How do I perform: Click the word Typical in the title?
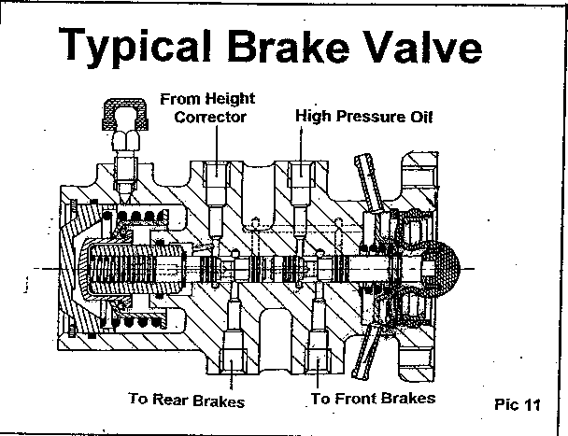tap(135, 47)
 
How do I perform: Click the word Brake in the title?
tap(289, 45)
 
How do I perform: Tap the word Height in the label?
tap(231, 99)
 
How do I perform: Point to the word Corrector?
tap(210, 117)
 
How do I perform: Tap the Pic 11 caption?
tap(518, 404)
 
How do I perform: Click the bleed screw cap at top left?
tap(125, 114)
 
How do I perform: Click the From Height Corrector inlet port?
tap(217, 174)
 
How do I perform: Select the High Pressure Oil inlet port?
tap(301, 174)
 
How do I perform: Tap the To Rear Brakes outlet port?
tap(232, 360)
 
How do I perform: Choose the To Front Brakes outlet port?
tap(318, 360)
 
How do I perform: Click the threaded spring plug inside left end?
tap(134, 268)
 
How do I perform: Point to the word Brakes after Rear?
tap(218, 401)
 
